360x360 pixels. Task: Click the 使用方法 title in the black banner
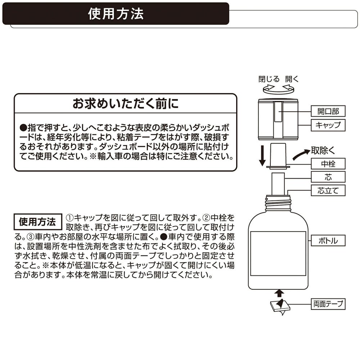[x=116, y=14]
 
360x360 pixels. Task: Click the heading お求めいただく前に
[x=125, y=103]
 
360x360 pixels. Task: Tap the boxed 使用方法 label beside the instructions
[x=37, y=221]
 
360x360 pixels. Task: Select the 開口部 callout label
[x=328, y=111]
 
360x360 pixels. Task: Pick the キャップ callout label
[x=328, y=125]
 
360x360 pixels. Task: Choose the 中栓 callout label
[x=328, y=164]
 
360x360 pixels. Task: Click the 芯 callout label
[x=328, y=177]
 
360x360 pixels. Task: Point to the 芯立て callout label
[x=328, y=190]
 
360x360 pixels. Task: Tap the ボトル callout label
[x=328, y=240]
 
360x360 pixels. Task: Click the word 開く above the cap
[x=292, y=79]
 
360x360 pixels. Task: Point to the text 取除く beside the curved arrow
[x=323, y=151]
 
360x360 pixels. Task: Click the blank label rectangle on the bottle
[x=278, y=253]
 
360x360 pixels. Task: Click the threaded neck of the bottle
[x=278, y=203]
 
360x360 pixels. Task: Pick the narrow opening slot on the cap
[x=278, y=112]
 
